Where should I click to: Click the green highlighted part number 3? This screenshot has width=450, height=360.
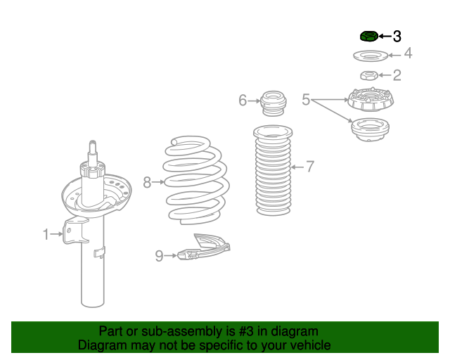tap(368, 36)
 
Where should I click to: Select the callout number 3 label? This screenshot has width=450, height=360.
tap(397, 36)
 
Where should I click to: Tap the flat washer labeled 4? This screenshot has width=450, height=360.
tap(368, 55)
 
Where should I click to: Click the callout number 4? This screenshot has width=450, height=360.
tap(407, 54)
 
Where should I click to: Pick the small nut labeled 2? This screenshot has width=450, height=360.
tap(368, 75)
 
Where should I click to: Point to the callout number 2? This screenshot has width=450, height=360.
tap(397, 75)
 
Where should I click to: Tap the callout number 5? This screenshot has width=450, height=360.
tap(306, 101)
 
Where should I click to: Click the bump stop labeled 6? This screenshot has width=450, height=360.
tap(274, 103)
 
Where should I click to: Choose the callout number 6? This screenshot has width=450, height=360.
tap(243, 101)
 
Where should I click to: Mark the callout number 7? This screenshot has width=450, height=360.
tap(309, 167)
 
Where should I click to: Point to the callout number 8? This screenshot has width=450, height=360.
tap(147, 183)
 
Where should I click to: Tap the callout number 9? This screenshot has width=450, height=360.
tap(159, 256)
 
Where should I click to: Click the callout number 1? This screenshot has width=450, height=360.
tap(46, 234)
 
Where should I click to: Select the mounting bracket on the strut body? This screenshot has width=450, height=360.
tap(74, 232)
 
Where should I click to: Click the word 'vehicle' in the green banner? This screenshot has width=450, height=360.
tap(307, 345)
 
